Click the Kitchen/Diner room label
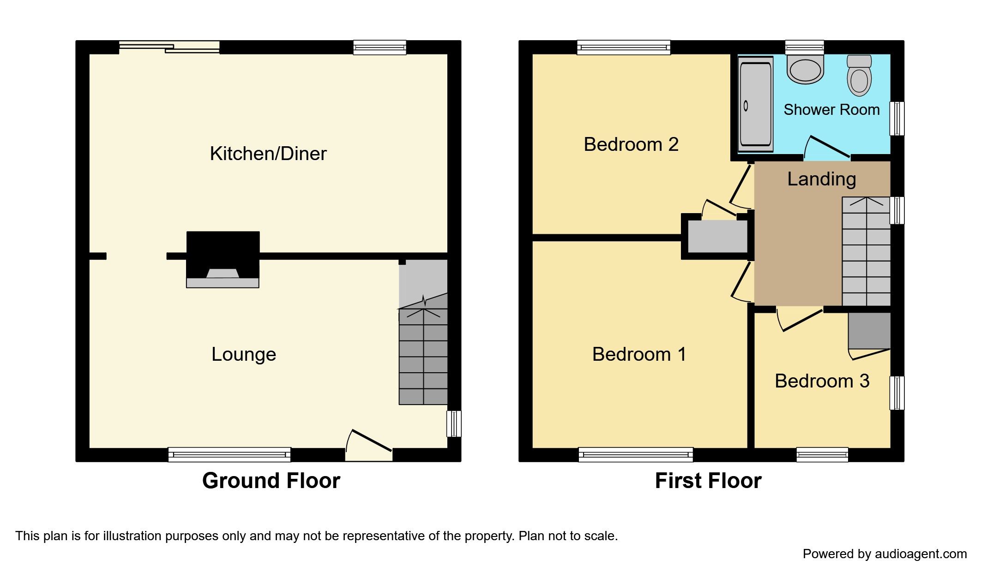pos(268,154)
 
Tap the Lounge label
pos(243,354)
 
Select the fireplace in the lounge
pos(223,261)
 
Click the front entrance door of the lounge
pos(369,443)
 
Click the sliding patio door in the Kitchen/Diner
pos(169,47)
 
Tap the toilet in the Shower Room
pos(859,77)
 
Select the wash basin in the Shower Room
pos(805,70)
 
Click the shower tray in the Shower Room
pos(755,104)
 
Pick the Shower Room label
pos(831,110)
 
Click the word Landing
pos(821,179)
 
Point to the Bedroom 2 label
pos(631,144)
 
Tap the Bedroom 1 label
pos(639,354)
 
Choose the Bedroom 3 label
pos(822,381)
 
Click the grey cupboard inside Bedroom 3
pos(869,331)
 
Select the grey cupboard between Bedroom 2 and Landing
pos(717,236)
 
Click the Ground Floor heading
pos(271,481)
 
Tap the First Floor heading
pos(708,481)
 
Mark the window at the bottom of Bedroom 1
pos(636,454)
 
